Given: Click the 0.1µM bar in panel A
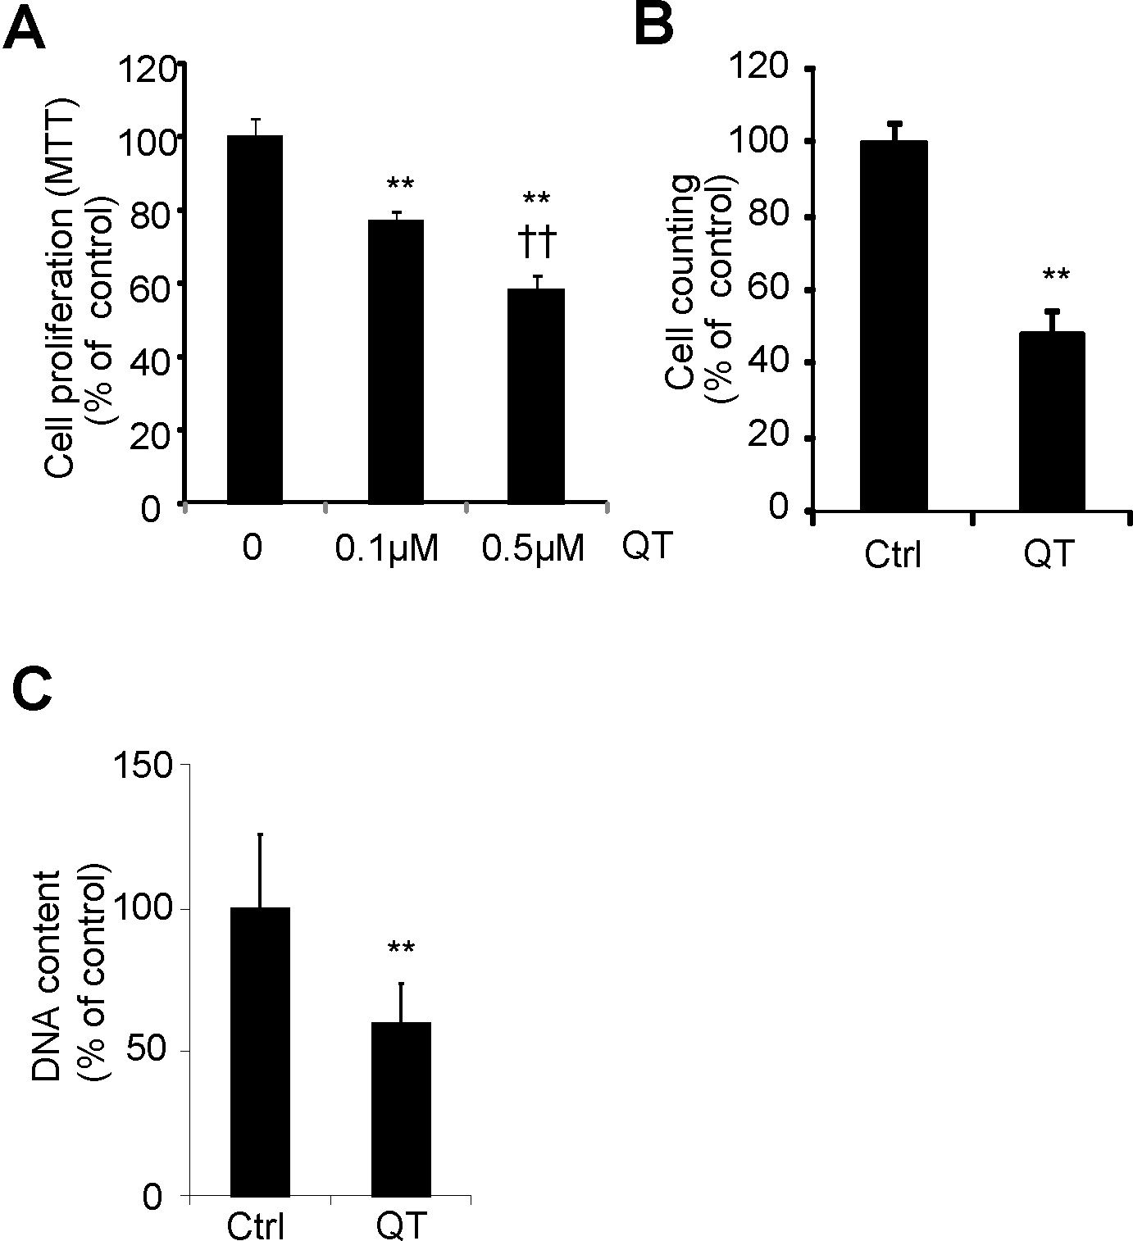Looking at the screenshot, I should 396,361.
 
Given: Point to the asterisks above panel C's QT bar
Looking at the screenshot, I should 401,948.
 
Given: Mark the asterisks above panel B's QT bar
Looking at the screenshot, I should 1056,275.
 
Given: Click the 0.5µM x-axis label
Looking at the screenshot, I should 533,548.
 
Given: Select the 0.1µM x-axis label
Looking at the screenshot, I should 387,548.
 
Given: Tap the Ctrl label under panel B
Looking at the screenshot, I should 893,557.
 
